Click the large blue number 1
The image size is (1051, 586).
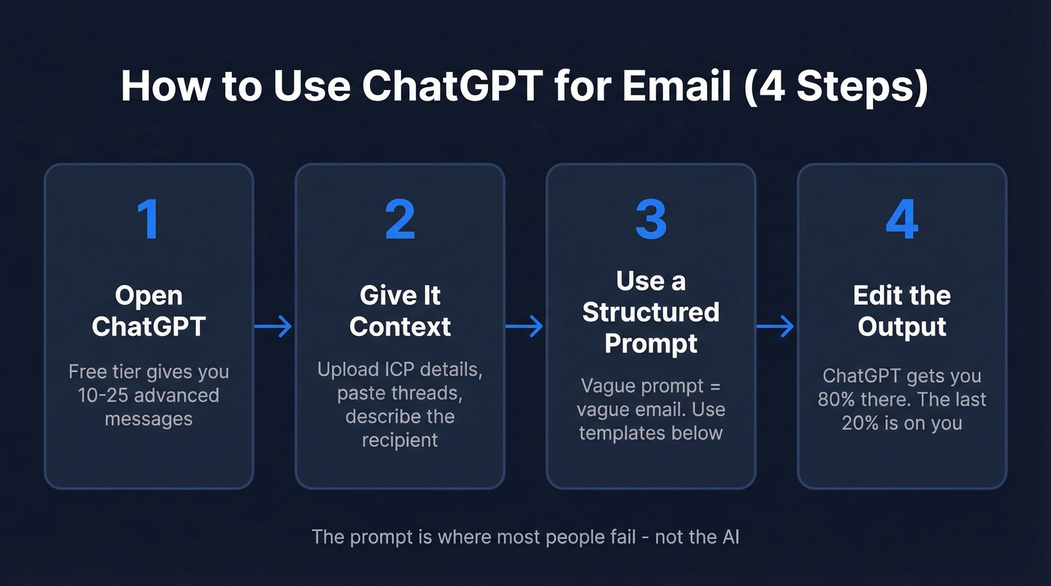pos(149,219)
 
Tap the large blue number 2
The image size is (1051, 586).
pos(399,219)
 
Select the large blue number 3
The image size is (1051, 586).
pos(650,219)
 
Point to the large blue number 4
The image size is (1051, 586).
pos(902,219)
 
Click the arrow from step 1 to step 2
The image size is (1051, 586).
pos(274,326)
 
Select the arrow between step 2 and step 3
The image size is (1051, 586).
pos(525,326)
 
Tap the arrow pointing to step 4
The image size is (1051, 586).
pos(775,326)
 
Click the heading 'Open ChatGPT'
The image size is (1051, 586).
pos(149,311)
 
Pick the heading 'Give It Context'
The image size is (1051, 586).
pos(399,311)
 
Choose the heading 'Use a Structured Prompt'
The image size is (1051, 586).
pos(650,312)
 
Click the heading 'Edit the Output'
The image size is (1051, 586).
pos(902,311)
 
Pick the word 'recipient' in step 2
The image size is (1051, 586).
pos(399,440)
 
